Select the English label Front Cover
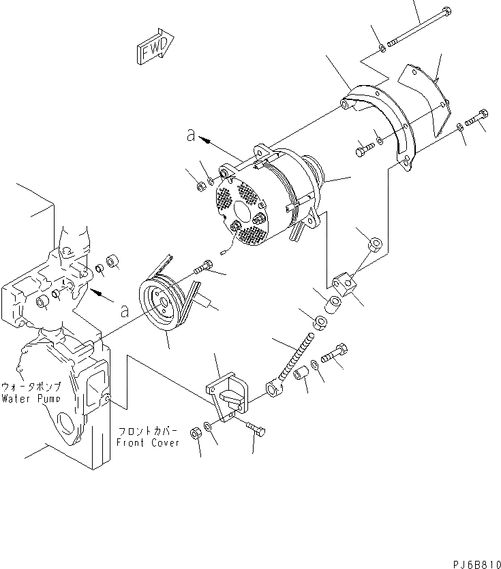(148, 442)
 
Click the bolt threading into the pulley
(201, 270)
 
